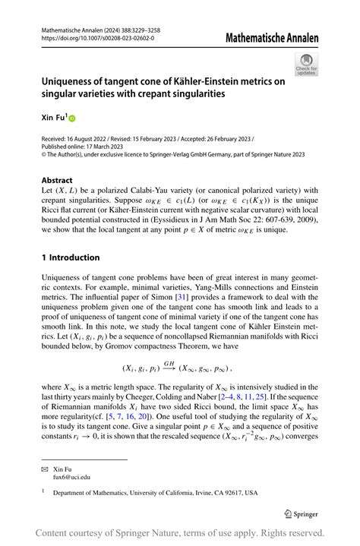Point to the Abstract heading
58,181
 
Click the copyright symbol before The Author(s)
44,155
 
